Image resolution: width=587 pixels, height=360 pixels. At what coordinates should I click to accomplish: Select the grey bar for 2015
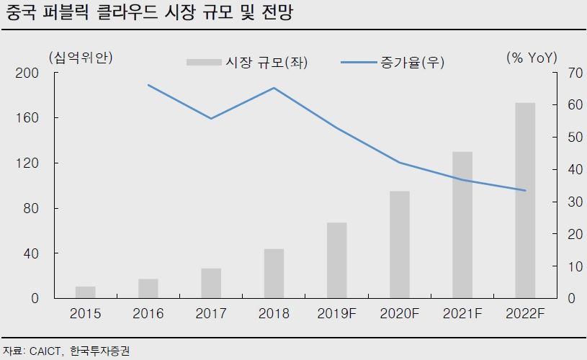[86, 292]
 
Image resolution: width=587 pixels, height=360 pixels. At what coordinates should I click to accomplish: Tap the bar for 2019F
[337, 260]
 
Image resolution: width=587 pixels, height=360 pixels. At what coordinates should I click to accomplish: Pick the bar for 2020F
[400, 244]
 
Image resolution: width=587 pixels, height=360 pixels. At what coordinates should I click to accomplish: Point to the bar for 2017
[211, 283]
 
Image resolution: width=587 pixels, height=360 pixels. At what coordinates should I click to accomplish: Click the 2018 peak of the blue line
[274, 88]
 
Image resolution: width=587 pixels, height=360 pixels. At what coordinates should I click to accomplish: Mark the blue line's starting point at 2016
[148, 85]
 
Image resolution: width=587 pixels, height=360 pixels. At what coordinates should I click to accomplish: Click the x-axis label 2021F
[462, 314]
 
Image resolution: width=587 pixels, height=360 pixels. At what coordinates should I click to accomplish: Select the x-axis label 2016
[148, 314]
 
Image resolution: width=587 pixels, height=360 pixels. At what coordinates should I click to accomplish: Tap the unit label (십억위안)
[81, 57]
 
